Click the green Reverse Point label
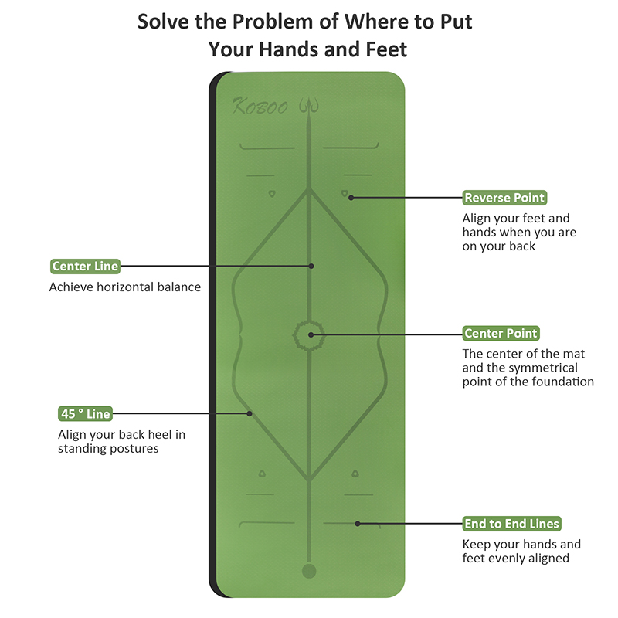[504, 198]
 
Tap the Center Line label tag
[85, 266]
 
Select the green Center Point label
[501, 333]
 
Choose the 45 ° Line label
[85, 413]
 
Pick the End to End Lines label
[511, 524]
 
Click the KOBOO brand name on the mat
[260, 107]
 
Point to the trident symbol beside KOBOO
[308, 106]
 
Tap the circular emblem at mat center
[309, 335]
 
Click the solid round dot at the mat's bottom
[309, 571]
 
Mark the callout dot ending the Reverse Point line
[351, 198]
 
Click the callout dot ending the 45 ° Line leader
[250, 413]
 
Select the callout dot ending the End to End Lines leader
[358, 524]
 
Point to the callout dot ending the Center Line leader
[311, 266]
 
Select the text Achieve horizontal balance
[125, 287]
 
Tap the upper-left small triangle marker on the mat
[272, 194]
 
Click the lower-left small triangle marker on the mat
[262, 474]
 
